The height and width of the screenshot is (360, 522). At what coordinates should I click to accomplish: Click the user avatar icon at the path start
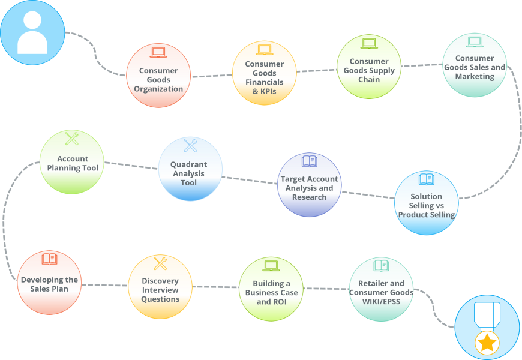[32, 32]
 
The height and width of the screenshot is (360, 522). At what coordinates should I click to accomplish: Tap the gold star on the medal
[487, 343]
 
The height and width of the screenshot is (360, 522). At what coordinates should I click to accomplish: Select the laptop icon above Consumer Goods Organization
[158, 52]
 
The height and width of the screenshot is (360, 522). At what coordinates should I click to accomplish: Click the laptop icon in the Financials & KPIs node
[265, 50]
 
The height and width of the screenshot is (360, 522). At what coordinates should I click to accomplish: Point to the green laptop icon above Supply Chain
[369, 44]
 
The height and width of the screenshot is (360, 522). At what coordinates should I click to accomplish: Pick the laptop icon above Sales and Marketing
[475, 42]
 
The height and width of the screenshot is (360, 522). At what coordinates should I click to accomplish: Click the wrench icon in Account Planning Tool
[71, 139]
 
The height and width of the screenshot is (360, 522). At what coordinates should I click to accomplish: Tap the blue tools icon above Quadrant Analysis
[190, 146]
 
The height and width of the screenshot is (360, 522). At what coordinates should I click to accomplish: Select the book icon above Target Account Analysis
[309, 161]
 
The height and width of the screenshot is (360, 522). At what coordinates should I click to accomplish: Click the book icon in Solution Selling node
[427, 179]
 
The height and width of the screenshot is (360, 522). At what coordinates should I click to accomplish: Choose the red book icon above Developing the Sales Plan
[49, 259]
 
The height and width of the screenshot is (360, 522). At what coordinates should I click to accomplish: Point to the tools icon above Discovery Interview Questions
[160, 263]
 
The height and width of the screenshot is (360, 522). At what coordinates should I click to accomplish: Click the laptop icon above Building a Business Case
[271, 266]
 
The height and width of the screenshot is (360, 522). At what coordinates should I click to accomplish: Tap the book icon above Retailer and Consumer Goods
[381, 266]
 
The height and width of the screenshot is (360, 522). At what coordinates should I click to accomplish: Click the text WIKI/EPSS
[381, 302]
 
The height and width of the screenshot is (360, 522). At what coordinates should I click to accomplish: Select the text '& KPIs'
[265, 91]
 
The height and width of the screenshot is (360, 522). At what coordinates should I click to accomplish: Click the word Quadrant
[189, 164]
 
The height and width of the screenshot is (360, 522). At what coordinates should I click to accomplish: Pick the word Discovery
[160, 281]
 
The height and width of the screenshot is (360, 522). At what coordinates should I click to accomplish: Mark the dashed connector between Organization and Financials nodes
[212, 76]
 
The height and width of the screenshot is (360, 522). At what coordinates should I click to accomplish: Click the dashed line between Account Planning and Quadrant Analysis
[131, 166]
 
